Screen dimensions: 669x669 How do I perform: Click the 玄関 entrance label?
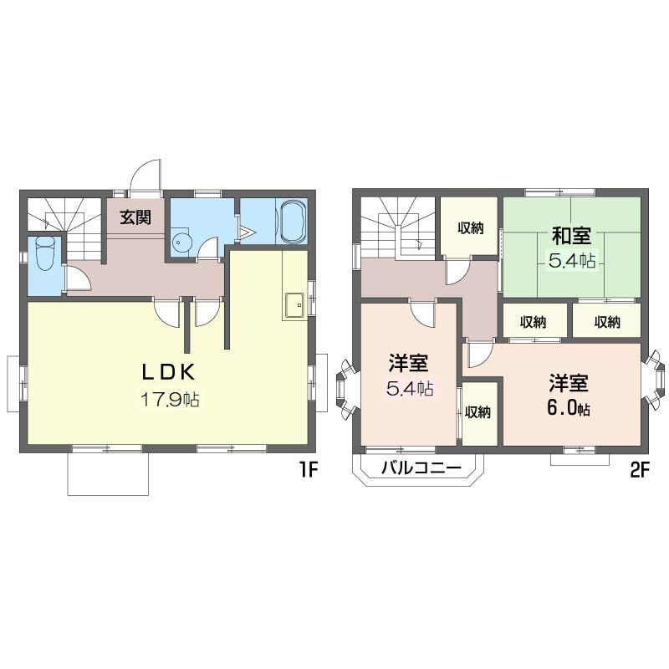[x=135, y=217]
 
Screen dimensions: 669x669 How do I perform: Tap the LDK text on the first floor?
[x=169, y=372]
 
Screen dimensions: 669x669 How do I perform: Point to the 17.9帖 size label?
[x=170, y=400]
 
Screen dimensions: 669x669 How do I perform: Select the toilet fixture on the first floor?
[x=45, y=253]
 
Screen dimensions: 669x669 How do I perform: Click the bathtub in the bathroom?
[x=292, y=222]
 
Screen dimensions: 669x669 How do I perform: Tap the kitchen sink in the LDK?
[x=294, y=304]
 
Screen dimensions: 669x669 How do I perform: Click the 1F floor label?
[x=308, y=470]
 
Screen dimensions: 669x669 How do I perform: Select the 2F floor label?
[x=639, y=470]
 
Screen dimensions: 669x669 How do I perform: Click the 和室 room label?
[x=571, y=236]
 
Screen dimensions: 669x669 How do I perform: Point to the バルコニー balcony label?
[x=421, y=468]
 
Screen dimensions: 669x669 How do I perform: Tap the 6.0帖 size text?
[x=569, y=408]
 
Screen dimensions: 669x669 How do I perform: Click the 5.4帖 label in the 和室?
[x=572, y=260]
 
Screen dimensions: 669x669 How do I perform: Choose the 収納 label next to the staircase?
[x=470, y=228]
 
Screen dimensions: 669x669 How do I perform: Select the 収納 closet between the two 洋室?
[x=477, y=412]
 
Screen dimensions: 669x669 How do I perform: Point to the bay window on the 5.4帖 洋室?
[x=347, y=387]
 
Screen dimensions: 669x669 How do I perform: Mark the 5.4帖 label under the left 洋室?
[x=410, y=388]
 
